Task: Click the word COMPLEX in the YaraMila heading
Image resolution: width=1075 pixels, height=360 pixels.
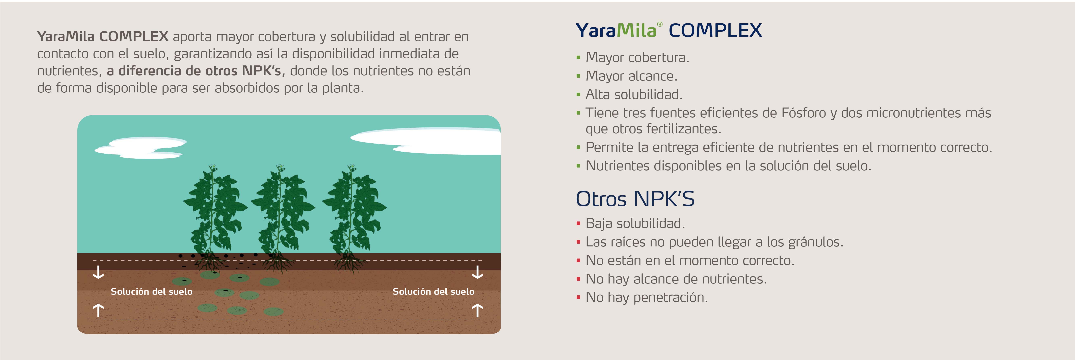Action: click(715, 30)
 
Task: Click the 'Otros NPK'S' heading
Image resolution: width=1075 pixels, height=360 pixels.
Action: click(635, 199)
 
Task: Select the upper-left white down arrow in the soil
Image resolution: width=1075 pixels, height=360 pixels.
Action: click(98, 272)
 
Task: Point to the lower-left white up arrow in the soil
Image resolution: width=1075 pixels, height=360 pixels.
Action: click(98, 310)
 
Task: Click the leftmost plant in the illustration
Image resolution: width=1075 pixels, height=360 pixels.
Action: click(214, 217)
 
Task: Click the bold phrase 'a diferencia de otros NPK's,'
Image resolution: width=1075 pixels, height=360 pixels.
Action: click(196, 71)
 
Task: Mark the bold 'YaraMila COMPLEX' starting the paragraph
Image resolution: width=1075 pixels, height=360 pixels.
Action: click(103, 37)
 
